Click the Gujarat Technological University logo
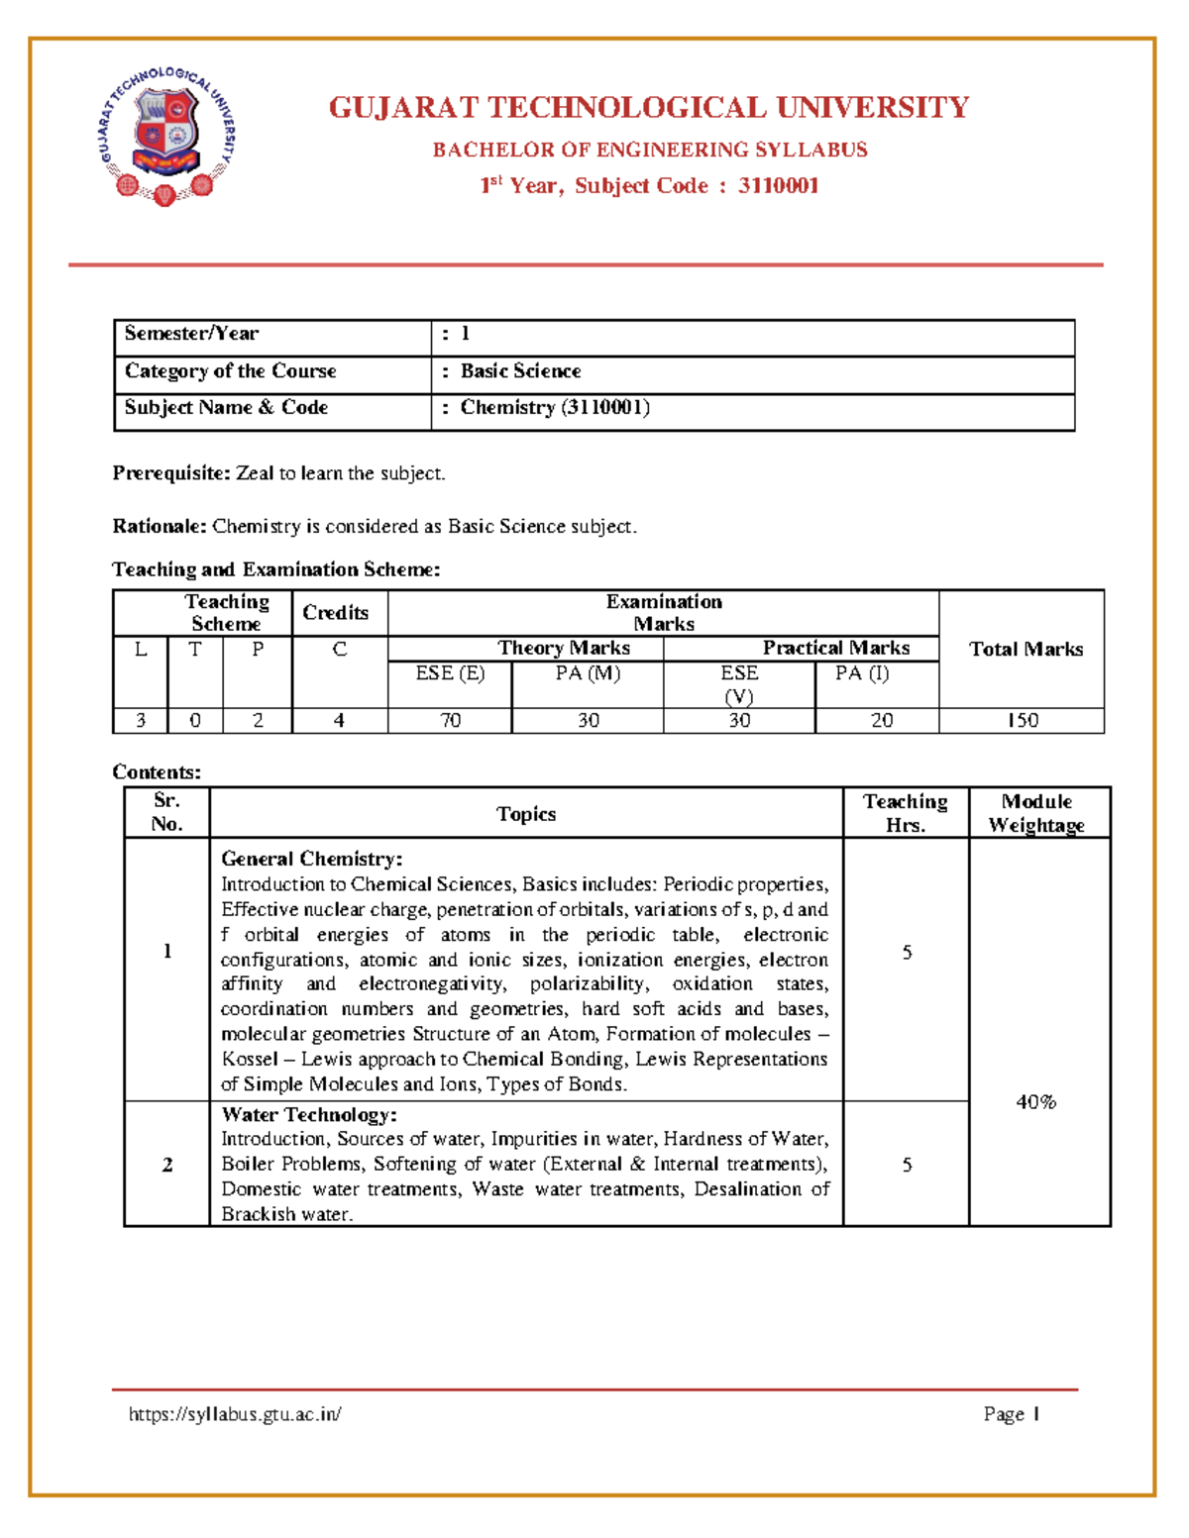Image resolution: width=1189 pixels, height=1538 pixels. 166,135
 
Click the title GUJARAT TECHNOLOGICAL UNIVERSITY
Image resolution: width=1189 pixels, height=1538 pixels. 648,107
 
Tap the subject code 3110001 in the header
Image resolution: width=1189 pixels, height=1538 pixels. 778,185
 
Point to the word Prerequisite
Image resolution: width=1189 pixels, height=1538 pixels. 170,473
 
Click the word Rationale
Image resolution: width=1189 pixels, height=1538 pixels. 159,526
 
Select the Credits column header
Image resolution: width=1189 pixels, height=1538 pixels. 335,613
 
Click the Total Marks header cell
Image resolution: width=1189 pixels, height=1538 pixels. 1026,649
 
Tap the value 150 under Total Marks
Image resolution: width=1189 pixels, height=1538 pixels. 1023,720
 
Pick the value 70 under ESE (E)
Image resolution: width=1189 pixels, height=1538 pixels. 450,720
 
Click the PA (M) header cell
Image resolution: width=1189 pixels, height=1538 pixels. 588,673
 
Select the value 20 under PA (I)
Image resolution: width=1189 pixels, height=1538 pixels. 881,720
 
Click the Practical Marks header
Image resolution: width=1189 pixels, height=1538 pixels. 835,648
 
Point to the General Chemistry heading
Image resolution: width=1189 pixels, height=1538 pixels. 311,859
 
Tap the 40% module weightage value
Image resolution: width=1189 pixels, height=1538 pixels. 1036,1101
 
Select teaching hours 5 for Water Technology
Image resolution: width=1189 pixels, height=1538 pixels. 907,1165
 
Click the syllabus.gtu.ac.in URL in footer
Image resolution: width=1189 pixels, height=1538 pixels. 235,1414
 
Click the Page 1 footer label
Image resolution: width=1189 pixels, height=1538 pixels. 1011,1414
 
